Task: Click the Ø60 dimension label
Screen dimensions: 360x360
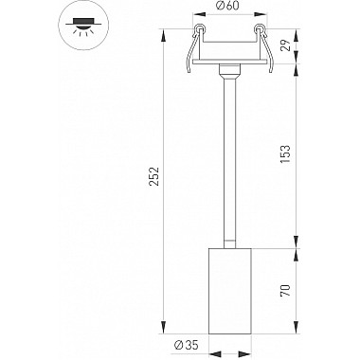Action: [228, 6]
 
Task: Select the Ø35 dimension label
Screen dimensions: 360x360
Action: [187, 345]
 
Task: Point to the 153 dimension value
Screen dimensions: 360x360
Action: [285, 154]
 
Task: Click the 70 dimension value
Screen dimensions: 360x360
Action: [285, 291]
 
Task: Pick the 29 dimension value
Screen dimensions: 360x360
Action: [285, 46]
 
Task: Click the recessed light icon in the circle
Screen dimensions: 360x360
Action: [83, 26]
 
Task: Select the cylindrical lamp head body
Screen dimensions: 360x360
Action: [230, 291]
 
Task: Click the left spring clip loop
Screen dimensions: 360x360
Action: [199, 28]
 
